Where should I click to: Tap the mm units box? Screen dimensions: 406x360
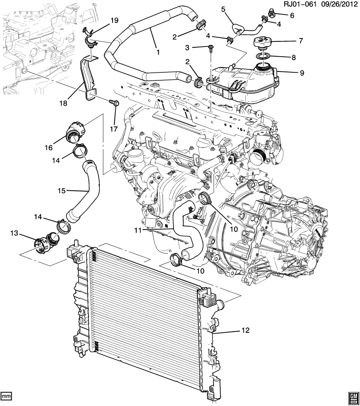[6, 396]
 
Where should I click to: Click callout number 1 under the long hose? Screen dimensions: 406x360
[158, 53]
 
